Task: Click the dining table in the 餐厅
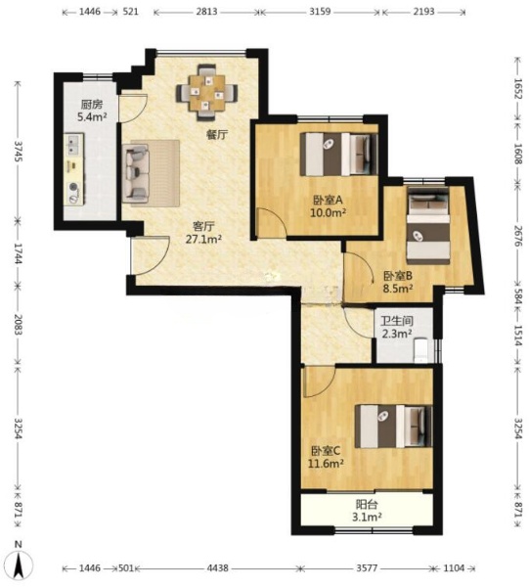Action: tap(207, 93)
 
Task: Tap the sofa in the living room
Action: tap(136, 172)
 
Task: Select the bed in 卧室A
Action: tap(339, 154)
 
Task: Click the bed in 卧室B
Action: tap(428, 224)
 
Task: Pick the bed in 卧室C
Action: tap(393, 426)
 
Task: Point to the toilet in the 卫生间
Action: tap(421, 350)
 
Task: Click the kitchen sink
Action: tap(73, 145)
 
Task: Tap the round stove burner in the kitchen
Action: tap(73, 186)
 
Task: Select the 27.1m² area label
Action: tap(204, 239)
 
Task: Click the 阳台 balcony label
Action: tap(367, 504)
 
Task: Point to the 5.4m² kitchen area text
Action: tap(92, 116)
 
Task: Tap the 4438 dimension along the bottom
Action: tap(218, 567)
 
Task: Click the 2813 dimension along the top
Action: tap(206, 12)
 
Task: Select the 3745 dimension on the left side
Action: tap(18, 151)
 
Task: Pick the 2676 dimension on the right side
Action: tap(517, 236)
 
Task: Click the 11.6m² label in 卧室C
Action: tap(326, 464)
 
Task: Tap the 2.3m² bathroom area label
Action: tap(397, 333)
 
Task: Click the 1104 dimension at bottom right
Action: tap(454, 567)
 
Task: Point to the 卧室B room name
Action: tap(398, 276)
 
